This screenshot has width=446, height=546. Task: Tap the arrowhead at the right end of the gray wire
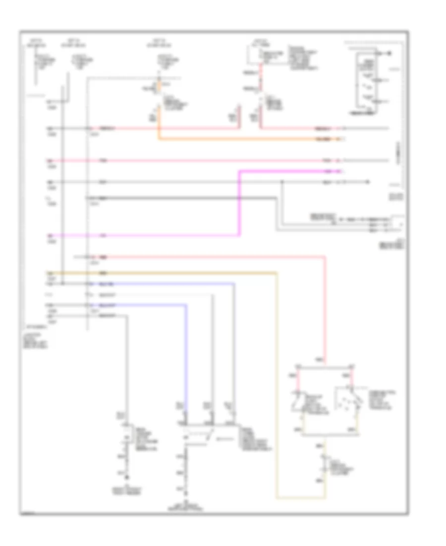coord(367,182)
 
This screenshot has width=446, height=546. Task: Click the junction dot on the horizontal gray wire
coord(282,182)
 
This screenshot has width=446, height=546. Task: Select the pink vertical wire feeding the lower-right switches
coord(325,308)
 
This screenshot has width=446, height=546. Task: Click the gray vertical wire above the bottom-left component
coord(127,367)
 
